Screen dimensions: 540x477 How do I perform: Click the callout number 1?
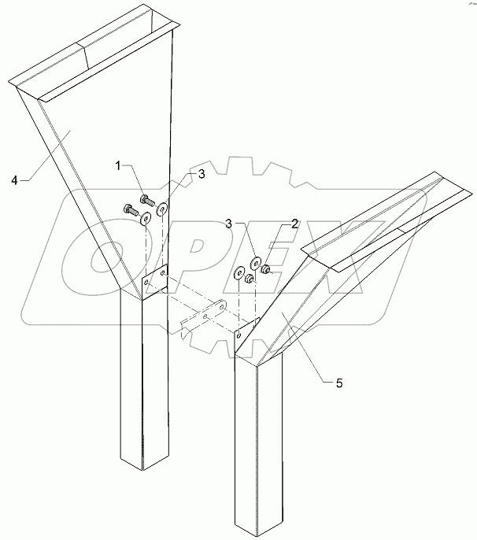click(x=120, y=165)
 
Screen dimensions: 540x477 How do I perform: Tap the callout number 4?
click(x=14, y=180)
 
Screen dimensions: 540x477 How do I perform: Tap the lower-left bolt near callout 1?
click(x=128, y=209)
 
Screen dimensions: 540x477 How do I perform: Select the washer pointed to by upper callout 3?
click(x=162, y=210)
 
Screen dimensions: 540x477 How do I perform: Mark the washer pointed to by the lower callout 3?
click(x=256, y=263)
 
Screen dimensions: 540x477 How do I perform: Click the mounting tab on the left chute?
click(x=155, y=280)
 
